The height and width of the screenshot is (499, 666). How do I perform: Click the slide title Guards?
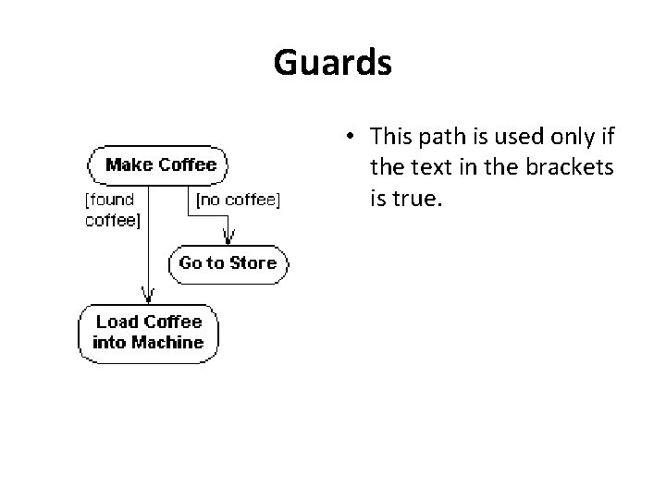(333, 64)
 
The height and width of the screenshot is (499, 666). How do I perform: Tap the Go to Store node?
(228, 263)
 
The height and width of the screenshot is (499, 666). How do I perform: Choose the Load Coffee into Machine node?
(148, 332)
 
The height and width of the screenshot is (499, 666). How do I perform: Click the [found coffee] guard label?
(111, 209)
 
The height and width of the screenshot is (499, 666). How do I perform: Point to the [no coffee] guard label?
(236, 198)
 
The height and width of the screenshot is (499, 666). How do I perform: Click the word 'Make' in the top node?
(129, 165)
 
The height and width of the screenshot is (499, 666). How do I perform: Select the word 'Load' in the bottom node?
(117, 322)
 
